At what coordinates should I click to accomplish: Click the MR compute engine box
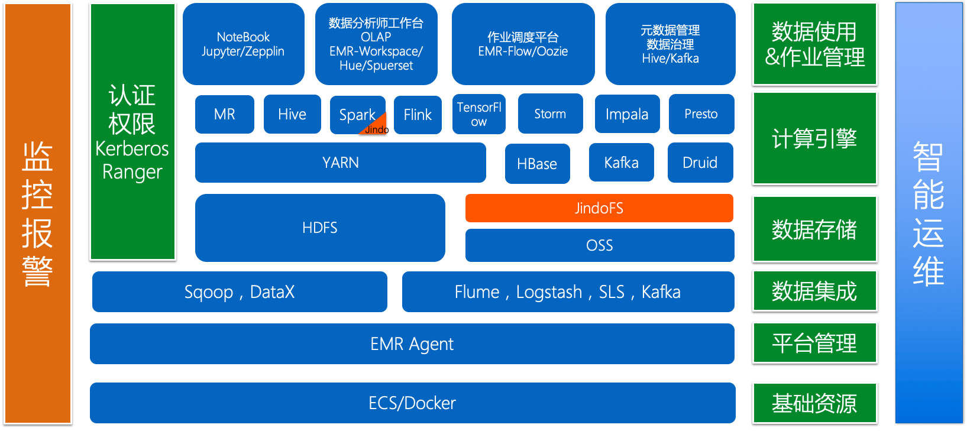[225, 114]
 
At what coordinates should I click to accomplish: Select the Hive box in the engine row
[292, 114]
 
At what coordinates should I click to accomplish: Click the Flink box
[418, 115]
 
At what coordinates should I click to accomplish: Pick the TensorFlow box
[478, 114]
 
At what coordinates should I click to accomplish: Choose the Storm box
[550, 114]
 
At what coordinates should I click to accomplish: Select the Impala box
[627, 114]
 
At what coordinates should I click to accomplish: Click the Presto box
[701, 114]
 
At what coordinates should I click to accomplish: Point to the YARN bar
[340, 163]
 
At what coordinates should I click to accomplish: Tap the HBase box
[537, 164]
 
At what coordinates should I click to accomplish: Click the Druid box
[700, 163]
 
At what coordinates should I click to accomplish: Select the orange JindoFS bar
[599, 208]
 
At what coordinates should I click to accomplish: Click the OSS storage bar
[599, 245]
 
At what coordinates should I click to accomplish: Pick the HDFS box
[319, 228]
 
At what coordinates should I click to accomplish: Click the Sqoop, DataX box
[240, 291]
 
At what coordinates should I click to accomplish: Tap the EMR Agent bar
[412, 343]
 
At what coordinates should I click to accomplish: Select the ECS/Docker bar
[412, 403]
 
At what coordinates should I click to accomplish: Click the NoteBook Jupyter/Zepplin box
[243, 44]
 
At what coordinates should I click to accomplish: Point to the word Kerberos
[132, 148]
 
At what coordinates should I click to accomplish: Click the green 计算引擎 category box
[814, 138]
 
